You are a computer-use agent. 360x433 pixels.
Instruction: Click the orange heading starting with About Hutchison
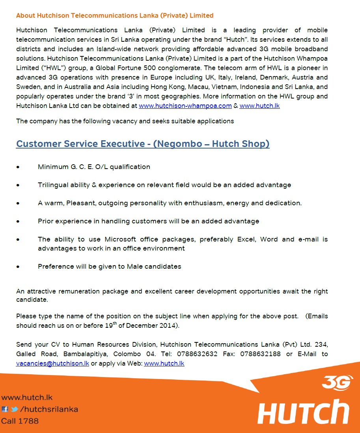[x=115, y=16]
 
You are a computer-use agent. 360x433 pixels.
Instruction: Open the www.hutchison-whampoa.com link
[x=185, y=106]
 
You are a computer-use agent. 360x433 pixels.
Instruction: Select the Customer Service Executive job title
[x=143, y=144]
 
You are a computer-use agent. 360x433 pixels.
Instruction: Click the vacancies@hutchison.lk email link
[x=52, y=363]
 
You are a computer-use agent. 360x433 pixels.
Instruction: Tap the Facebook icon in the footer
[x=5, y=409]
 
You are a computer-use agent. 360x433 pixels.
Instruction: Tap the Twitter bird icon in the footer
[x=14, y=409]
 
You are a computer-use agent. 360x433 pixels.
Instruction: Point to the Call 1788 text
[x=20, y=421]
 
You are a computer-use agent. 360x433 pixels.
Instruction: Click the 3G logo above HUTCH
[x=337, y=383]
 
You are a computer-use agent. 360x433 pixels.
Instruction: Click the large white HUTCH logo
[x=303, y=412]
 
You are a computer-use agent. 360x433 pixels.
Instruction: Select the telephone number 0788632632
[x=197, y=354]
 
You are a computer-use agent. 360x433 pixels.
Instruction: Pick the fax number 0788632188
[x=261, y=354]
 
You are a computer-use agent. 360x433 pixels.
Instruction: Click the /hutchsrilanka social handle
[x=49, y=409]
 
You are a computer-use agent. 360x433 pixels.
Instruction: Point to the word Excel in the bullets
[x=246, y=239]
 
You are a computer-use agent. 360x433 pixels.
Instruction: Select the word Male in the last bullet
[x=135, y=266]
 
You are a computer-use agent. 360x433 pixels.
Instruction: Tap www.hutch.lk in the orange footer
[x=26, y=398]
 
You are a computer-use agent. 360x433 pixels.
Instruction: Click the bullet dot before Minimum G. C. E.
[x=18, y=167]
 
